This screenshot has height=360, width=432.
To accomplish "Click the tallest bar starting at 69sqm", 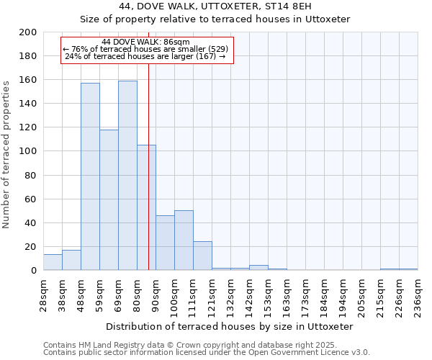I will tap(127, 176).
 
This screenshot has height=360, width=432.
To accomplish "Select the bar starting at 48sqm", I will tap(90, 176).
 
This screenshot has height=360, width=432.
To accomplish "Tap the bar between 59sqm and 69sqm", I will tap(109, 199).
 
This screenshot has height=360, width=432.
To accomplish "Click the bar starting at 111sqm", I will tap(202, 256).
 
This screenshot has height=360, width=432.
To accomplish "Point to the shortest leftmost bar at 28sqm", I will tap(53, 262).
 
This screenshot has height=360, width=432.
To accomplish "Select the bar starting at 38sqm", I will tap(71, 260).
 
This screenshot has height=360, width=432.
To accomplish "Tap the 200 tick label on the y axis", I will tap(28, 32).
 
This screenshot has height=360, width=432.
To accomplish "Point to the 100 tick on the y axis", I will tap(28, 151).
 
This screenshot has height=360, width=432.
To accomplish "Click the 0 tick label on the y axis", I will tap(33, 271).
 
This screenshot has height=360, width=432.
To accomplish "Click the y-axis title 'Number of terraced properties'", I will tap(7, 155).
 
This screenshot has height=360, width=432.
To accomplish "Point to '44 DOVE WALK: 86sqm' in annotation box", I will tap(146, 42).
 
